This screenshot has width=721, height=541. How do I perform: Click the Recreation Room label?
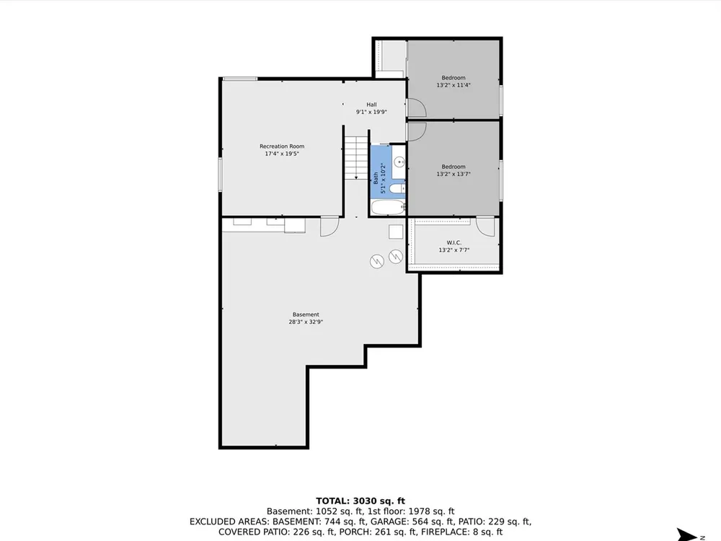282,146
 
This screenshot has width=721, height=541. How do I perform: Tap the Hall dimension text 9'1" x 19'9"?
371,112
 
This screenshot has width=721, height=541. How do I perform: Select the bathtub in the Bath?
388,207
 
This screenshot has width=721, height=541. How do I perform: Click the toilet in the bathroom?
397,188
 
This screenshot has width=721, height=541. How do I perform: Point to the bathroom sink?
399,162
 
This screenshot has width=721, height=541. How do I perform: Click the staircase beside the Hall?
356,158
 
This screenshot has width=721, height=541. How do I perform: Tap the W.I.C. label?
454,242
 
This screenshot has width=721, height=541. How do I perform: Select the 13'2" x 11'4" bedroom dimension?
454,85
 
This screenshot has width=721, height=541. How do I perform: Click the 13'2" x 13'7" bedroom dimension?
454,174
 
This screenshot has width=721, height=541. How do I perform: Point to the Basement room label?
306,315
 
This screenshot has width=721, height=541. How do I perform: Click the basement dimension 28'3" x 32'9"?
306,322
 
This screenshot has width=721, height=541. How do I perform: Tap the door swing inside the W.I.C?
485,227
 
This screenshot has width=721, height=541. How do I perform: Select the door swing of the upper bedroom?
417,108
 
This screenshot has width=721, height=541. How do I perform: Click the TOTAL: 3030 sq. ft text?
360,501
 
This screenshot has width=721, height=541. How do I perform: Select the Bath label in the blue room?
376,178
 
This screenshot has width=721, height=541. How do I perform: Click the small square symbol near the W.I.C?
396,232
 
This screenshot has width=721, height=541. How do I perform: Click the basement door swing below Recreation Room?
329,226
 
